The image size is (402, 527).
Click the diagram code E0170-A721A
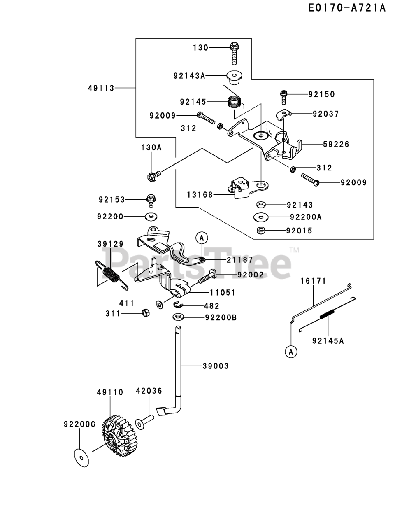(347, 8)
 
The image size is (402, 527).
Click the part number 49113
(101, 88)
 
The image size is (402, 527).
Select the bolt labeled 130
(234, 53)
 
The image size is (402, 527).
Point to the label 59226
(336, 144)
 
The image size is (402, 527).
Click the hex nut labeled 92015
(260, 231)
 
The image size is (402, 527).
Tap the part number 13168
(200, 195)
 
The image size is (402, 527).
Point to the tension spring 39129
(112, 275)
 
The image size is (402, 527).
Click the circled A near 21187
(202, 238)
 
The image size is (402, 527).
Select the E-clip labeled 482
(178, 305)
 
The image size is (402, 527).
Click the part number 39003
(216, 366)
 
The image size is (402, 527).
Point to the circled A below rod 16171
(291, 352)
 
